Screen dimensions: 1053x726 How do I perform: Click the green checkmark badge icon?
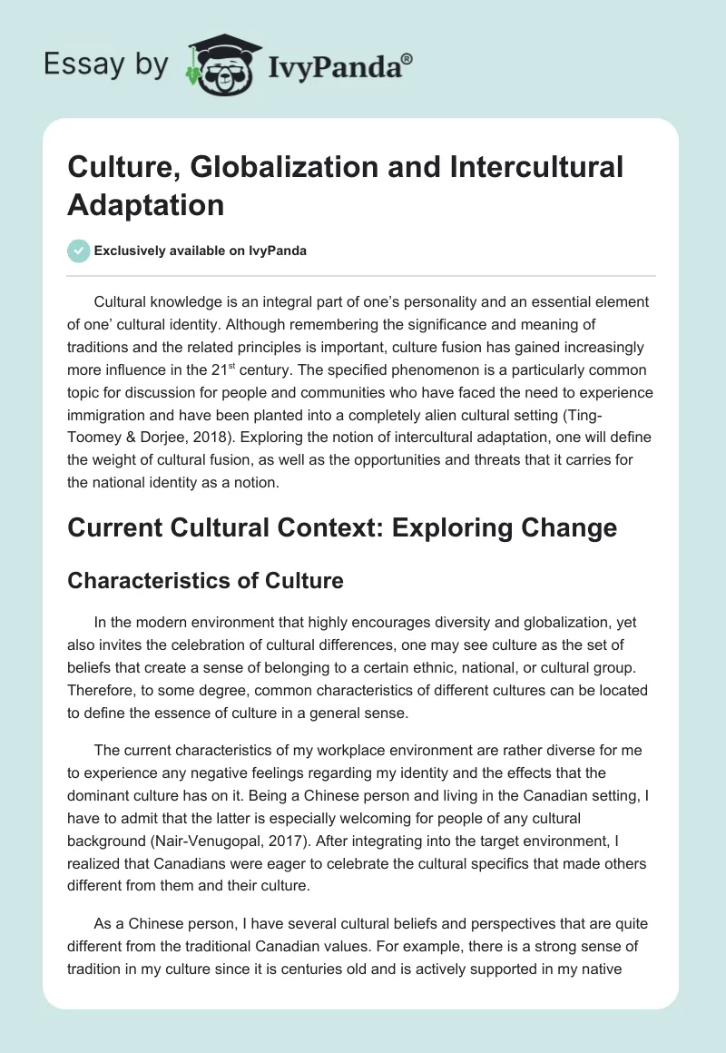(x=79, y=251)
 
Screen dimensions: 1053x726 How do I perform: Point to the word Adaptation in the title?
(x=145, y=205)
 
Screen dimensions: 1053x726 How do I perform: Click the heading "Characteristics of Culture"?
(x=205, y=581)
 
